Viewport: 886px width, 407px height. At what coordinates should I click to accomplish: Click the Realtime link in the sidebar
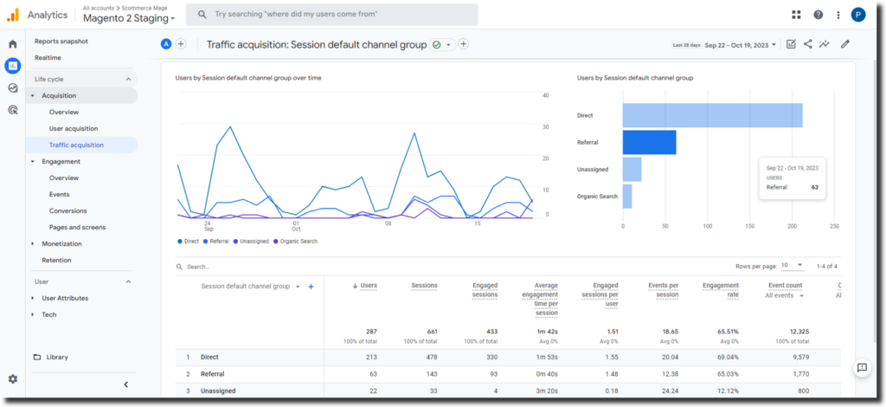click(x=48, y=57)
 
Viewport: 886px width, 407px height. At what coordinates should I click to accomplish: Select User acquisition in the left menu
click(x=74, y=128)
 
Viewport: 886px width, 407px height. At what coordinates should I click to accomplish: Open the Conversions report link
click(x=67, y=210)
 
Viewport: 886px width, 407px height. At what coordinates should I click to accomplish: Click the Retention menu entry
click(x=56, y=260)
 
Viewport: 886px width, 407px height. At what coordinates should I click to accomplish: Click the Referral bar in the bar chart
click(x=649, y=142)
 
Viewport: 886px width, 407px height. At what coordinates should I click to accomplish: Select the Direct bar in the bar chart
click(x=712, y=115)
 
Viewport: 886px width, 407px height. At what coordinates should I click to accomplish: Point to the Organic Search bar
click(x=627, y=197)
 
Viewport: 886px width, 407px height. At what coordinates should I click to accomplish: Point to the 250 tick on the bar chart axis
click(x=834, y=226)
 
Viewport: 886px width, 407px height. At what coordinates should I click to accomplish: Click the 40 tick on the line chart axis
click(x=546, y=95)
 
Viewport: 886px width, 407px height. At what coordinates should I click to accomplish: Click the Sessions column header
click(x=424, y=286)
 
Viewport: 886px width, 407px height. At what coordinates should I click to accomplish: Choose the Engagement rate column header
click(x=720, y=290)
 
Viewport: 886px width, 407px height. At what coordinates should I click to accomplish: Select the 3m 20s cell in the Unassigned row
click(x=545, y=391)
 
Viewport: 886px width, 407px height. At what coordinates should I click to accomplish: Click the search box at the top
click(x=332, y=15)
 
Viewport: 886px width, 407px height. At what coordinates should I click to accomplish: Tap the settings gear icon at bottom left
click(x=13, y=378)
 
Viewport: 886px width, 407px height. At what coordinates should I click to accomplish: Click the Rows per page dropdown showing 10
click(x=792, y=266)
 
